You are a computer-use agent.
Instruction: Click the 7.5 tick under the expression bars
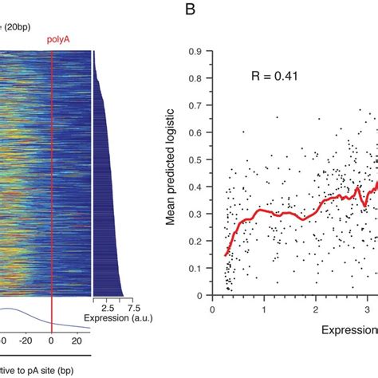click(133, 308)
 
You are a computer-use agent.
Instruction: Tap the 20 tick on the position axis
click(77, 341)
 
